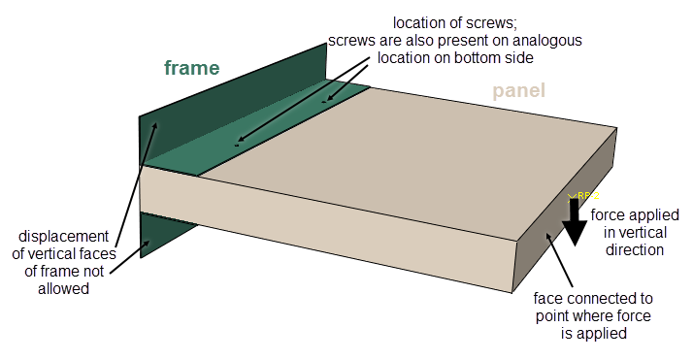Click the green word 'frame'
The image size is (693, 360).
(191, 68)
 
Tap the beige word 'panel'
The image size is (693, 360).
(518, 92)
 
